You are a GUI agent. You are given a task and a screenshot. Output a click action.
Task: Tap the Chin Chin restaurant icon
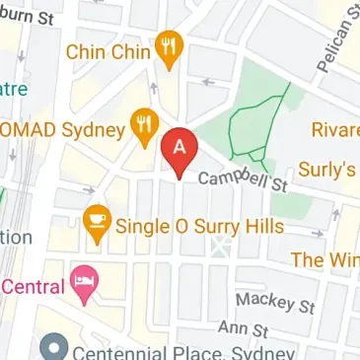coord(171,49)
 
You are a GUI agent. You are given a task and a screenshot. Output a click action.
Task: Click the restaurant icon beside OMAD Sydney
coord(146,125)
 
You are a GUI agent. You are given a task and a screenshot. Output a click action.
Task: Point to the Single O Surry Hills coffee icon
coord(96,218)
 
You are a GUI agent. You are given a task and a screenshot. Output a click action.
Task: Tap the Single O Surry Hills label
coord(199,226)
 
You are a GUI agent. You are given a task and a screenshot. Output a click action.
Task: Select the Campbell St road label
coord(242,180)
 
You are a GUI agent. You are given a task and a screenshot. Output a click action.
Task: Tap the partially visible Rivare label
coord(334,130)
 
